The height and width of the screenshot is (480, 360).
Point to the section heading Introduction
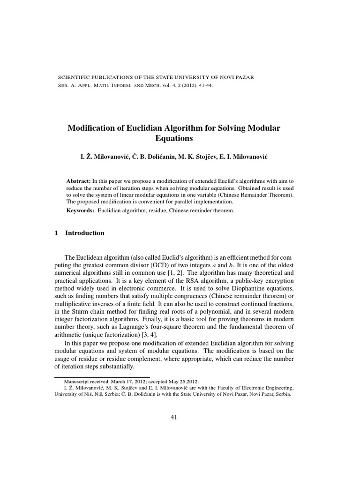pyautogui.click(x=85, y=233)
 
